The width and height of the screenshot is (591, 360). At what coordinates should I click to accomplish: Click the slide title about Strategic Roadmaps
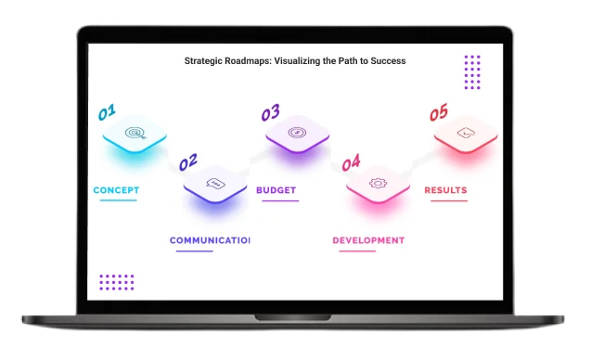pos(294,61)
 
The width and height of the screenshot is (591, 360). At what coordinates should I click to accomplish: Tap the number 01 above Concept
pos(108,114)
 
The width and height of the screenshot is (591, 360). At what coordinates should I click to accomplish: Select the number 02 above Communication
pos(187,163)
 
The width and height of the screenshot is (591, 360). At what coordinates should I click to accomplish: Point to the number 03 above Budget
pos(269,113)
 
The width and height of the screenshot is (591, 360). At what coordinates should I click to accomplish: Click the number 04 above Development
pos(350,163)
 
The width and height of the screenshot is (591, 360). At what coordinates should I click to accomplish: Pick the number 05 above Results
pos(438,113)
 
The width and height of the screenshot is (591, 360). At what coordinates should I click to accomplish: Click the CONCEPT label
pos(116,190)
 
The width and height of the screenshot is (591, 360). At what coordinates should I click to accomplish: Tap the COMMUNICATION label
pos(210,240)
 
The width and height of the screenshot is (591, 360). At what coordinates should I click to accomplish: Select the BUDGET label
pos(276,190)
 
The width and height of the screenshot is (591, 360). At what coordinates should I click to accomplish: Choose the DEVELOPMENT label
pos(368,240)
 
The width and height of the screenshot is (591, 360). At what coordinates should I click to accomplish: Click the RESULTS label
pos(445,190)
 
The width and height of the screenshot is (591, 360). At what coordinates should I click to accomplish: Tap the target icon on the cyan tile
pos(135,134)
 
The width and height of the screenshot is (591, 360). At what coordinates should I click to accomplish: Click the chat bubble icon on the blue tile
pos(215,184)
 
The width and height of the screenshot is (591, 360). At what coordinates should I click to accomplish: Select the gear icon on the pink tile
pos(378,184)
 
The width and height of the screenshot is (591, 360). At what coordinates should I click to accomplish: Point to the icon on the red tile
pos(466,134)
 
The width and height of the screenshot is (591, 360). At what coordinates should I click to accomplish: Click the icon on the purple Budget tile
pos(297,133)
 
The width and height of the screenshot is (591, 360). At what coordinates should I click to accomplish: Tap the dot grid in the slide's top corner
pos(472,71)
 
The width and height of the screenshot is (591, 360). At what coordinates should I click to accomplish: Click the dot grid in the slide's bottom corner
pos(117,282)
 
